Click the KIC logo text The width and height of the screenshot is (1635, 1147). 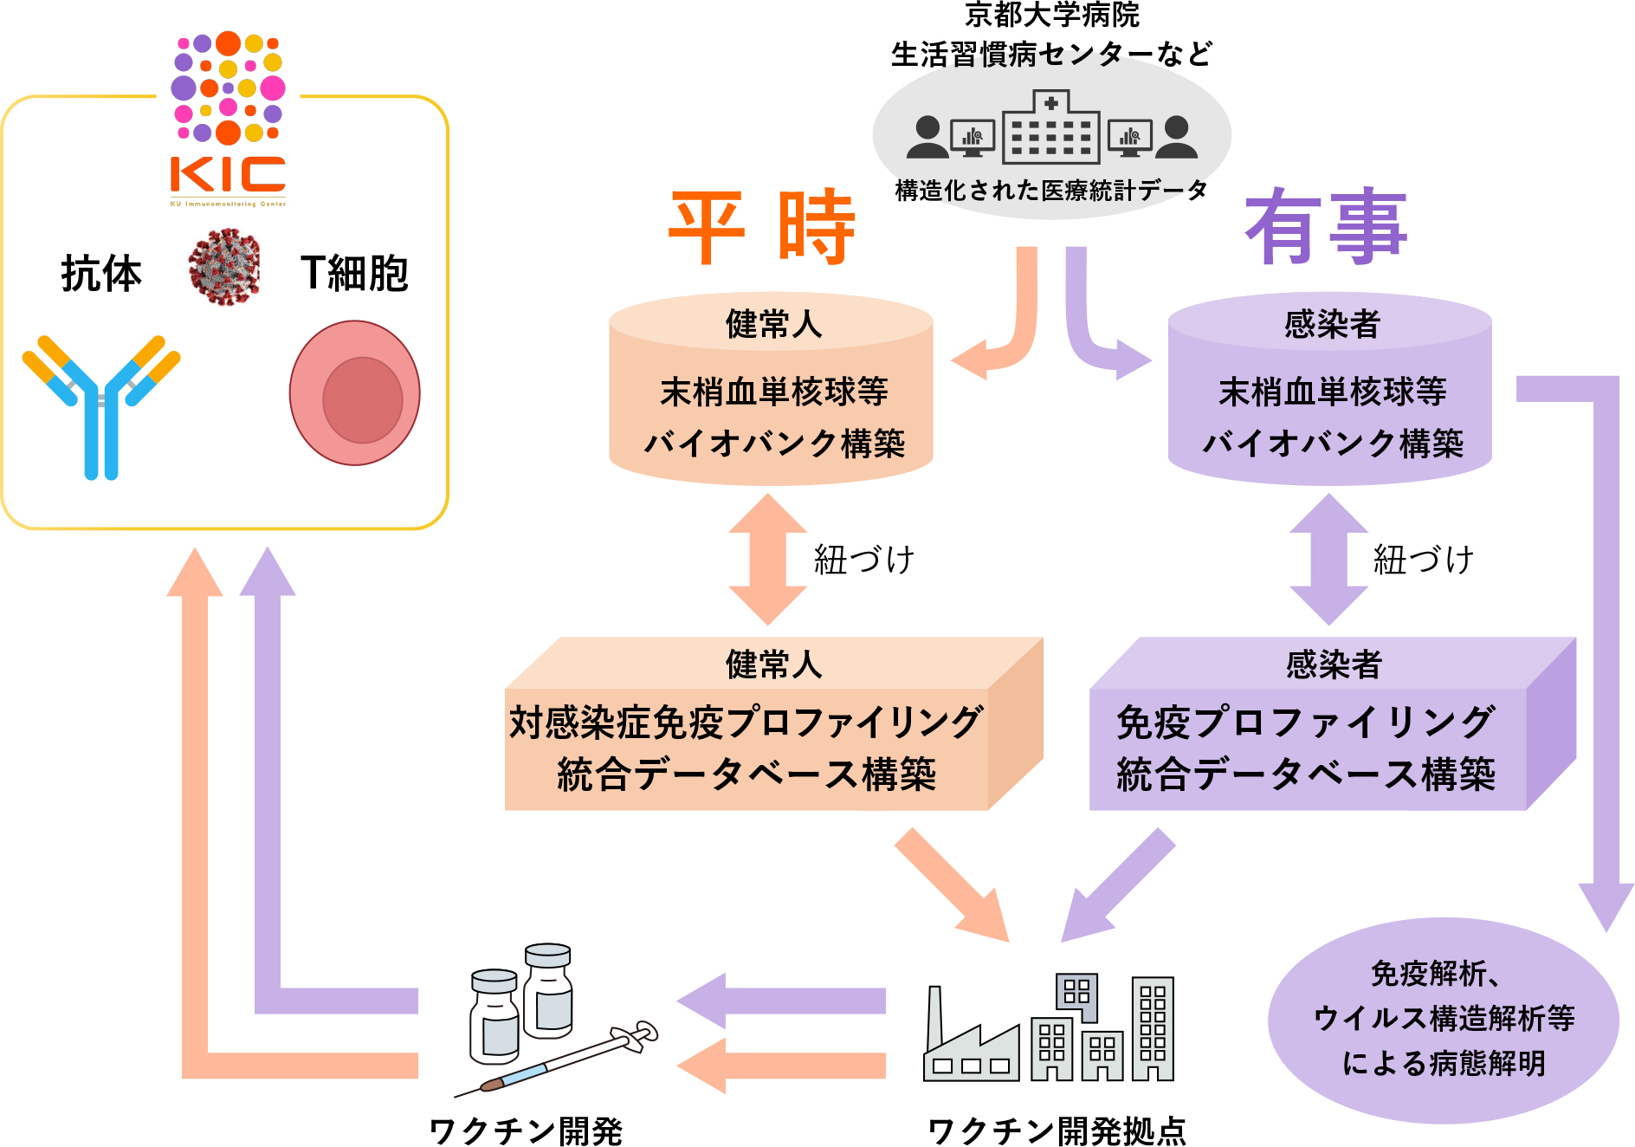228,175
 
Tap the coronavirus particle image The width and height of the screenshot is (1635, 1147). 224,267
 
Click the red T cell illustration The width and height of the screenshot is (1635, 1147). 355,393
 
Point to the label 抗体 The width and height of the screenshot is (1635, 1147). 101,274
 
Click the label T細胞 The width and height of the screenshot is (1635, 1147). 354,274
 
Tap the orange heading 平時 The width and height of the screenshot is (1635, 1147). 762,227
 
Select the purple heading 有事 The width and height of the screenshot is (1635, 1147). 1326,227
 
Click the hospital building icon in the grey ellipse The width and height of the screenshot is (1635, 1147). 1051,128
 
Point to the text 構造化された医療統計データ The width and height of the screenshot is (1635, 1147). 1051,191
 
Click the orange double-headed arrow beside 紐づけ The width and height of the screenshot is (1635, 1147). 767,560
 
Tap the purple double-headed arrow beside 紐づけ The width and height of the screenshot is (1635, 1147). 1328,560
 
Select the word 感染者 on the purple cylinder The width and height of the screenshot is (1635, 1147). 1332,325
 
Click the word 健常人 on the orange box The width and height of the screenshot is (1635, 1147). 773,664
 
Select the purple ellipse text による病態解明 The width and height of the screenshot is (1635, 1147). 1444,1063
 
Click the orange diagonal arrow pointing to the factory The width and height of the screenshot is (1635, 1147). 952,885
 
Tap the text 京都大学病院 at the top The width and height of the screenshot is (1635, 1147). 1051,14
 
